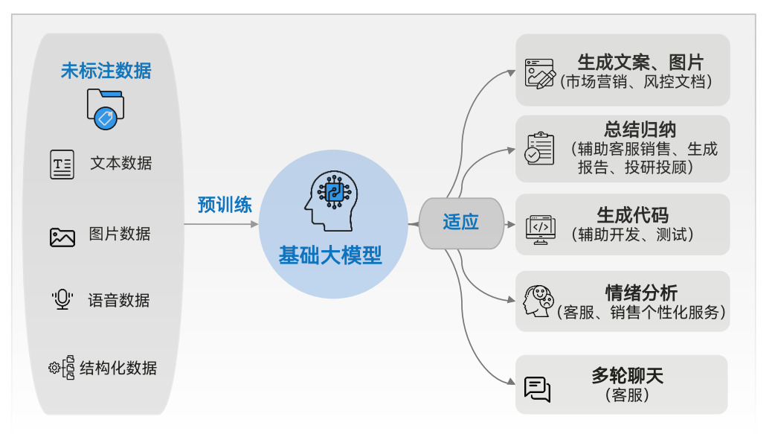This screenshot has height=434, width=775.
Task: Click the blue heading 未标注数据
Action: (x=106, y=71)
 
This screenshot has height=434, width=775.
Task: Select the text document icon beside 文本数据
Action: (x=62, y=164)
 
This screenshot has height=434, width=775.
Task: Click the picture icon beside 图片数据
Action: (x=62, y=237)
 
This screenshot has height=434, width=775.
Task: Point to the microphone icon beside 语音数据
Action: (x=62, y=300)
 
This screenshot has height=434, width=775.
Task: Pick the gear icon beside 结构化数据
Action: (x=54, y=367)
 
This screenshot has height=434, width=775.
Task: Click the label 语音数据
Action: (x=119, y=300)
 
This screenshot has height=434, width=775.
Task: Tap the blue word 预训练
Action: (x=225, y=205)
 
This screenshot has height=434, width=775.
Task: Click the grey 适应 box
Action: (x=461, y=222)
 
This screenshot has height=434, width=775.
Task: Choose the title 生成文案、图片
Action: (x=640, y=62)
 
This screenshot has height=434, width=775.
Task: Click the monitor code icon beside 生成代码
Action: (x=541, y=229)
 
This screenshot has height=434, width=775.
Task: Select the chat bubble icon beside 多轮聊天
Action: (x=537, y=388)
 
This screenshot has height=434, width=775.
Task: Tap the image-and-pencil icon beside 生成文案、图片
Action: (x=540, y=73)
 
